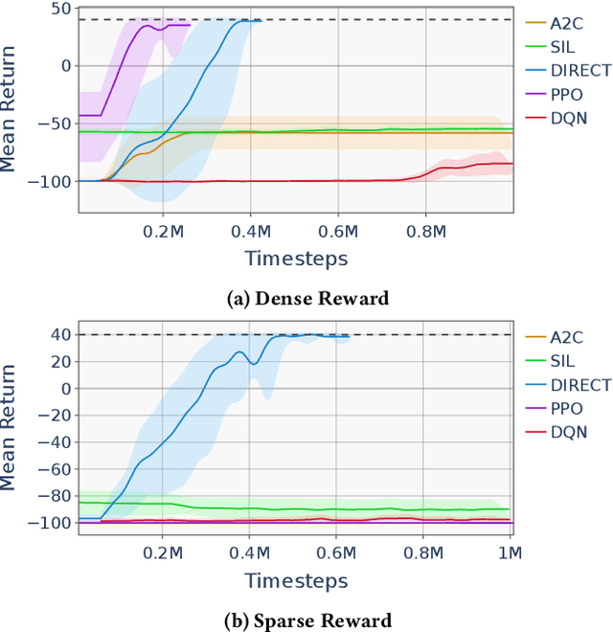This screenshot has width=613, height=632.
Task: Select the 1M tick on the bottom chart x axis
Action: point(510,553)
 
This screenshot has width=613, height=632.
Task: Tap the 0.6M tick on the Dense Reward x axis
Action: point(339,231)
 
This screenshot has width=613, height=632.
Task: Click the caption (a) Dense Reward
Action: point(307,298)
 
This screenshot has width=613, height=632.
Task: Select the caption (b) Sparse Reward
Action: point(307,620)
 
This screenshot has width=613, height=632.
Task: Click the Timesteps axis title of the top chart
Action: point(296,259)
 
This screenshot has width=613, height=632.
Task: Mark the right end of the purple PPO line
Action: point(190,26)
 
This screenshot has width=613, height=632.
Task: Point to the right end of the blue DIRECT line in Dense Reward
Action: point(260,21)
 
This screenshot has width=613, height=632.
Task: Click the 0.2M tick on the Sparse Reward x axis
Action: point(164,553)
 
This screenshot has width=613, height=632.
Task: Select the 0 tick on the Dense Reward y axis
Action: point(64,66)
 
